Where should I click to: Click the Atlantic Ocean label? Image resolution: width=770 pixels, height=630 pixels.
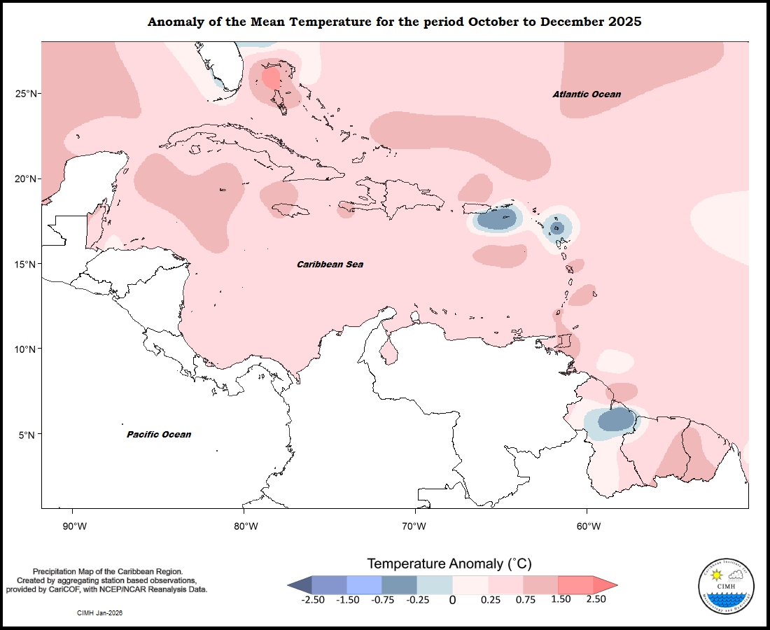click(x=586, y=94)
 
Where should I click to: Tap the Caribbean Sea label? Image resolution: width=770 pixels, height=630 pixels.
click(x=330, y=265)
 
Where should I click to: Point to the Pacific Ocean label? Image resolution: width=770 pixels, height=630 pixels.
click(x=159, y=435)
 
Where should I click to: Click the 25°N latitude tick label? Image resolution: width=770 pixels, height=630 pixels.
click(x=27, y=94)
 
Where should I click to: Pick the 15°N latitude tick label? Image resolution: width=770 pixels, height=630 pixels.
click(x=27, y=264)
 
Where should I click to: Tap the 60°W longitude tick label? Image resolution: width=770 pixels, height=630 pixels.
click(x=588, y=526)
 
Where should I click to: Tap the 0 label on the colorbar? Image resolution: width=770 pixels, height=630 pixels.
click(x=452, y=600)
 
